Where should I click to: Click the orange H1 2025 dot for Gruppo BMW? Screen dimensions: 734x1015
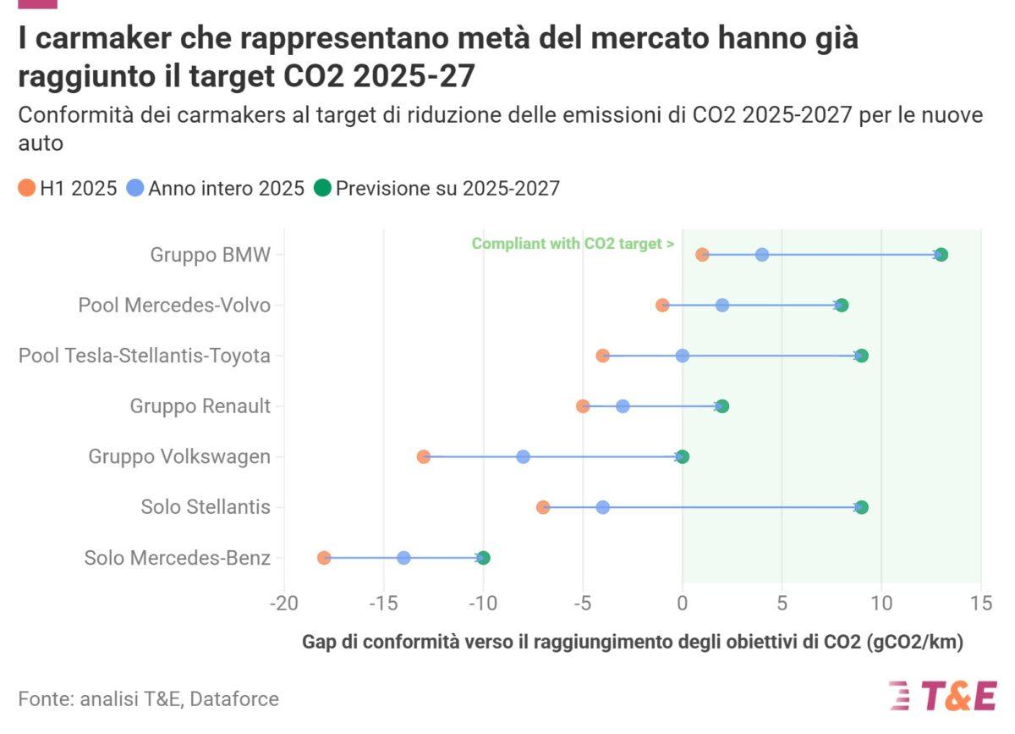point(702,255)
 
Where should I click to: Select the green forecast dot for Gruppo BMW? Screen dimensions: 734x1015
point(941,255)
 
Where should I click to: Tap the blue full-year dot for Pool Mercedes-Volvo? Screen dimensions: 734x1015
point(721,306)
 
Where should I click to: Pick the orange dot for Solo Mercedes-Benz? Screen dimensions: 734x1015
point(324,558)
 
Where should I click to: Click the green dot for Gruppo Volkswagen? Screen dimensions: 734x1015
point(683,457)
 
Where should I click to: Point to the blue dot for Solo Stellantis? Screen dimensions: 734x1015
point(602,508)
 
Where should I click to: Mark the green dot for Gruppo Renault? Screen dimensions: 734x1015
point(721,406)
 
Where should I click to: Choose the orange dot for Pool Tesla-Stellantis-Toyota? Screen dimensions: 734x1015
point(602,356)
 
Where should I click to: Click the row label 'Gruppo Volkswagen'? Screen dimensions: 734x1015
point(179,457)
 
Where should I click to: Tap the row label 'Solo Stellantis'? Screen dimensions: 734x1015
point(206,508)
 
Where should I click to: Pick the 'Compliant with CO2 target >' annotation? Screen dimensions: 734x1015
point(573,244)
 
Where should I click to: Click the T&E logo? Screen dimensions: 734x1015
point(942,695)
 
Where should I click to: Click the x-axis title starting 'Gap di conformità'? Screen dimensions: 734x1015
point(633,642)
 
